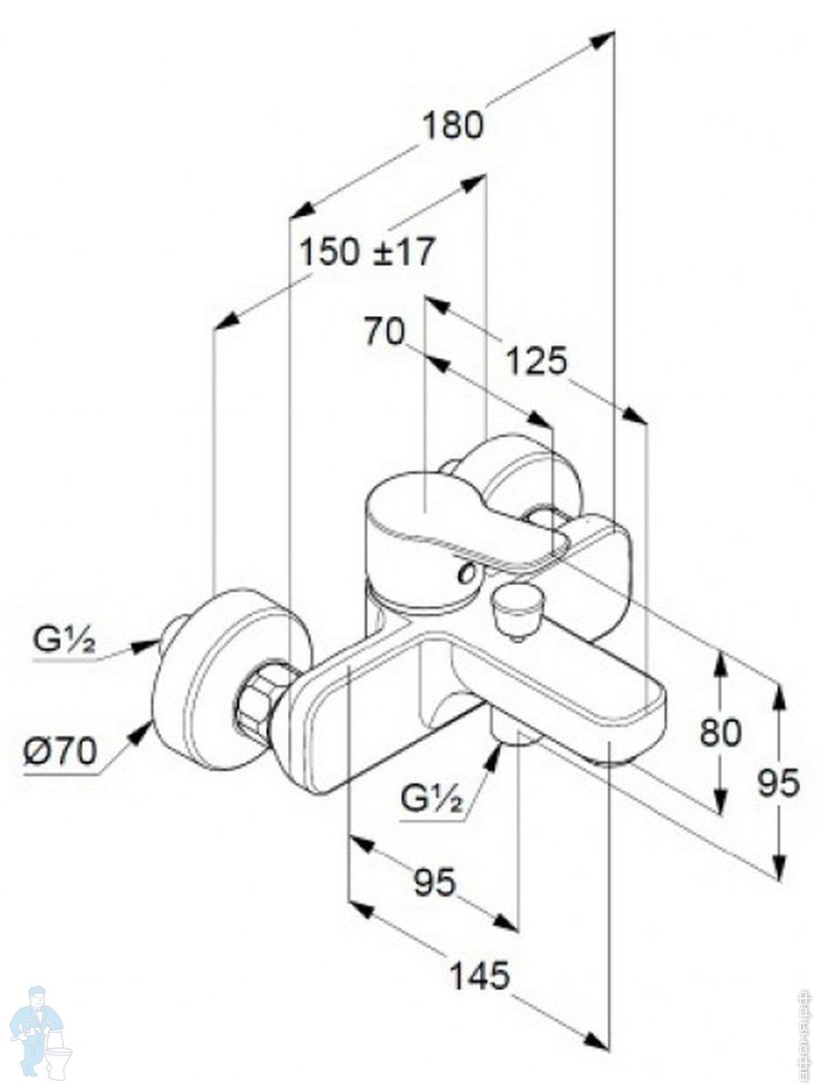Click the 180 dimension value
pos(452,125)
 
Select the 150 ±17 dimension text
pos(368,252)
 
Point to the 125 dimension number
pos(536,361)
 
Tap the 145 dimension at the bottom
pos(480,976)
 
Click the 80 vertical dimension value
pos(721,732)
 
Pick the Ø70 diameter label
pos(60,752)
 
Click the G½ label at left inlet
pos(65,641)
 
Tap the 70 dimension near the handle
pos(384,332)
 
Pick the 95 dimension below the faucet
pos(434,881)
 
